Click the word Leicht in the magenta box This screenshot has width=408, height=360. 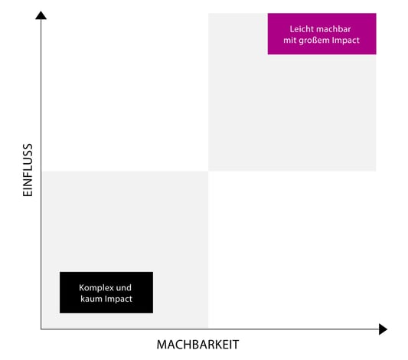(299, 29)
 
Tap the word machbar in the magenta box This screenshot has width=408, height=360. (331, 29)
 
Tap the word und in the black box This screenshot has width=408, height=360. (123, 288)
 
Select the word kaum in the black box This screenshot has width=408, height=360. (91, 299)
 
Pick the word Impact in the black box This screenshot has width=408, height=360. (118, 299)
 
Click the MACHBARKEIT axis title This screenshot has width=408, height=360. (197, 345)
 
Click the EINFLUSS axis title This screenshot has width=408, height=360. (28, 170)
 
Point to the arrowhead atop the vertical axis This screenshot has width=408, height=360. (41, 15)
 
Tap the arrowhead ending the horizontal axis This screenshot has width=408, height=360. (383, 329)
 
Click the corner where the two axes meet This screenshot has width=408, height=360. (41, 329)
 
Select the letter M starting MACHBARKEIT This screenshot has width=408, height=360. (162, 345)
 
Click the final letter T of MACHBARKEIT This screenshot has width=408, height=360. (235, 345)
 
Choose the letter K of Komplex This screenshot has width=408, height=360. (82, 288)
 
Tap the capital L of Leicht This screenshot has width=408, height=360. (292, 29)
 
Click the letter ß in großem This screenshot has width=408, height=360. (312, 40)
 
